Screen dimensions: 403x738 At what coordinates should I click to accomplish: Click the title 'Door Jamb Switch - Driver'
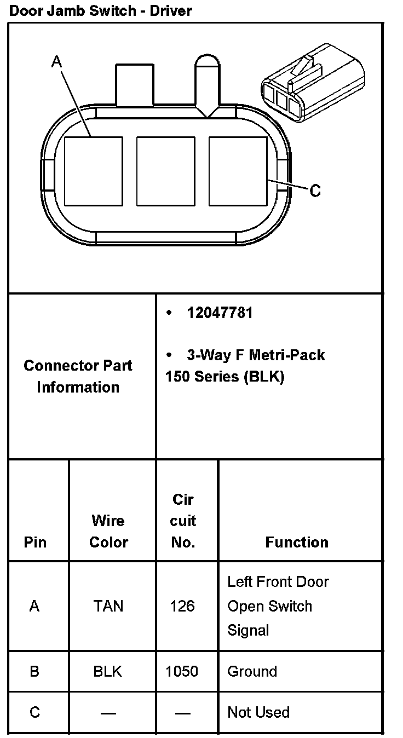101,10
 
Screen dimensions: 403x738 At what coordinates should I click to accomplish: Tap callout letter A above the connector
56,62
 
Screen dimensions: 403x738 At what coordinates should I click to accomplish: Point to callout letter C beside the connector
315,191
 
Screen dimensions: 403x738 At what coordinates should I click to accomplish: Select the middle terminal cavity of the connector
165,171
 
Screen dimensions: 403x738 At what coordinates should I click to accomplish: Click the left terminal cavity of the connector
93,171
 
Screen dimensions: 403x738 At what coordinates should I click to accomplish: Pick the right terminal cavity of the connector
238,171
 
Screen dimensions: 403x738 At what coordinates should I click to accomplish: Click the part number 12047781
220,313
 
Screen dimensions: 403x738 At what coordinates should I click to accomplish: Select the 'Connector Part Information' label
78,376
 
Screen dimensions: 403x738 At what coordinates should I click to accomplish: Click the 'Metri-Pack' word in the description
286,355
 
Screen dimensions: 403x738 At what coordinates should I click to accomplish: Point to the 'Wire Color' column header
108,531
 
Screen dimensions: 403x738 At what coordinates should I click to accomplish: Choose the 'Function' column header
297,542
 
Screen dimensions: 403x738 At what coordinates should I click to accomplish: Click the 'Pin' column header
35,542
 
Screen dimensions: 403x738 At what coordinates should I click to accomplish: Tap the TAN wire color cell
108,606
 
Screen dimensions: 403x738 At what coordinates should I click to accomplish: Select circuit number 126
182,606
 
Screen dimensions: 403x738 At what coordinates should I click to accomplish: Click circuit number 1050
182,671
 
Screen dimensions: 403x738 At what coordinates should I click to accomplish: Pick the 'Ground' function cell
252,671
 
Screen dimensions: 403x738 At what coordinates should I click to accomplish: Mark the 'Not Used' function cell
258,712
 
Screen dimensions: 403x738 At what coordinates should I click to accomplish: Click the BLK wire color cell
108,671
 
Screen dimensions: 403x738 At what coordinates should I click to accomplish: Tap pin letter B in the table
34,671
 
